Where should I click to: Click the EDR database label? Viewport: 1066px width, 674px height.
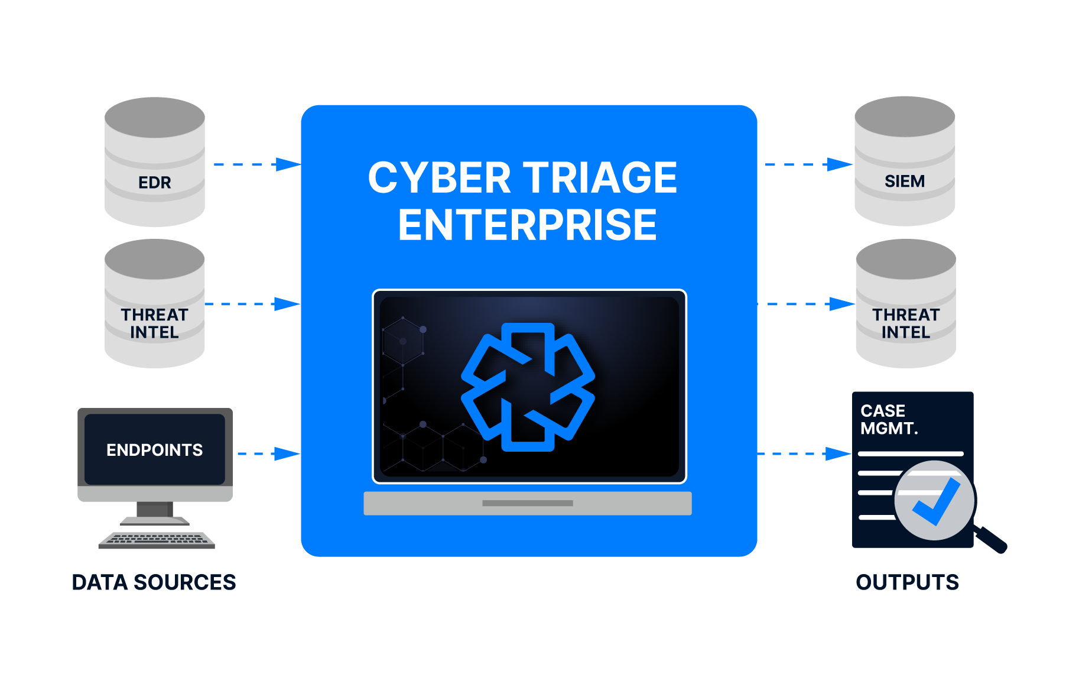coord(155,182)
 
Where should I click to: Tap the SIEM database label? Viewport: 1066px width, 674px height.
coord(904,181)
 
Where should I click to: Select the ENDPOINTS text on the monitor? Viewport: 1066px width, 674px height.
coord(154,450)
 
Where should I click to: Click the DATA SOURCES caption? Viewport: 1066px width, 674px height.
coord(154,582)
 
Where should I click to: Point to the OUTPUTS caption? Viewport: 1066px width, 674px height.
coord(907,582)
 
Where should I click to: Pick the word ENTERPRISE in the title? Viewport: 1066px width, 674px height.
coord(527,225)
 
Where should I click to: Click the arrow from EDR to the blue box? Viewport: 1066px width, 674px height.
coord(257,164)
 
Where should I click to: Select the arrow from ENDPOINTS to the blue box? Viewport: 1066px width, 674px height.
coord(269,454)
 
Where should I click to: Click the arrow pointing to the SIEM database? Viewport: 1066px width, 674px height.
coord(808,164)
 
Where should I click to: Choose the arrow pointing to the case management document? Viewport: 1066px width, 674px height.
coord(804,454)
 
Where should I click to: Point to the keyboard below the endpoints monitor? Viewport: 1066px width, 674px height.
coord(157,540)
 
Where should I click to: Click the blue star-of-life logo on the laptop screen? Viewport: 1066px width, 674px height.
coord(528,387)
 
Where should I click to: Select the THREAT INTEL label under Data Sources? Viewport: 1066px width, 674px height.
coord(154,323)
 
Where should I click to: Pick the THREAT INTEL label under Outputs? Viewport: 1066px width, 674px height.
coord(906,323)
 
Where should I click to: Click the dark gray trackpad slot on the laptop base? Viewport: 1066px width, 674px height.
coord(527,503)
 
